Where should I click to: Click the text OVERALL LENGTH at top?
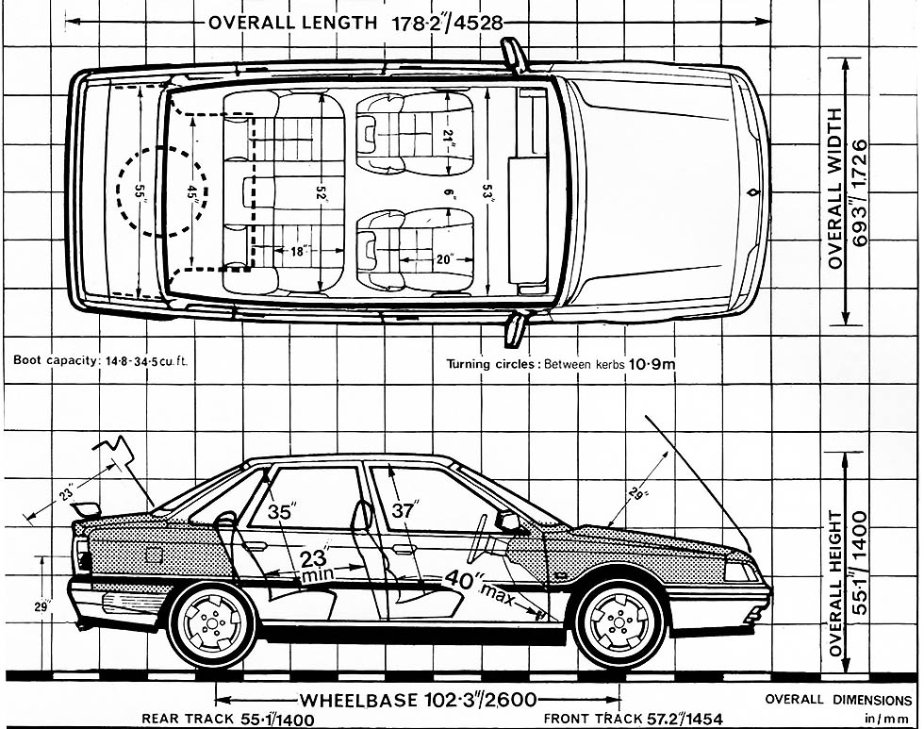pyautogui.click(x=291, y=22)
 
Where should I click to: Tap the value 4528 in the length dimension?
pyautogui.click(x=471, y=22)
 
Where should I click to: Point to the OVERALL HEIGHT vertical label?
pyautogui.click(x=834, y=585)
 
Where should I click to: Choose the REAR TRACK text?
pyautogui.click(x=187, y=719)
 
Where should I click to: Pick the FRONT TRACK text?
pyautogui.click(x=593, y=719)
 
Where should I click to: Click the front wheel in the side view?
pyautogui.click(x=619, y=622)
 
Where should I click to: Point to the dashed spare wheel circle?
pyautogui.click(x=161, y=191)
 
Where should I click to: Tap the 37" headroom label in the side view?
pyautogui.click(x=404, y=510)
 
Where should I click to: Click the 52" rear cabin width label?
pyautogui.click(x=322, y=192)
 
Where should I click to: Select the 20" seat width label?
pyautogui.click(x=444, y=257)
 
